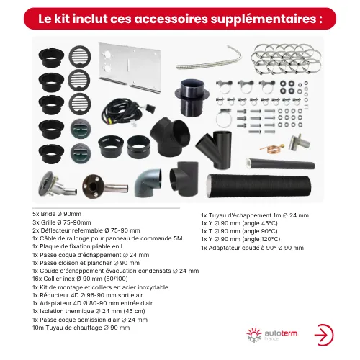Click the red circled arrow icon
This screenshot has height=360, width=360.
pyautogui.click(x=324, y=335)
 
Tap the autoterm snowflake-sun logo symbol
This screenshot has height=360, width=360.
pyautogui.click(x=254, y=334)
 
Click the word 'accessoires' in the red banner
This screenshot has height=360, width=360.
pyautogui.click(x=171, y=19)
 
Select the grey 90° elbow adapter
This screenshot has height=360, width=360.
pyautogui.click(x=148, y=183)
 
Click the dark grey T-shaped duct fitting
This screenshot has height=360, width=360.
pyautogui.click(x=184, y=179)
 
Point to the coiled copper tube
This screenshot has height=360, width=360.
pyautogui.click(x=272, y=147)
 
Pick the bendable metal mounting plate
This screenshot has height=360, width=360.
pyautogui.click(x=130, y=68)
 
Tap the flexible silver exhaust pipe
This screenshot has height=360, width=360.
pyautogui.click(x=210, y=60)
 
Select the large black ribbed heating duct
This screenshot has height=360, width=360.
pyautogui.click(x=258, y=186)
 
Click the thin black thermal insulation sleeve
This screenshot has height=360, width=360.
pyautogui.click(x=280, y=163)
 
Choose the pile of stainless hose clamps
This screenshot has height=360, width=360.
pyautogui.click(x=287, y=59)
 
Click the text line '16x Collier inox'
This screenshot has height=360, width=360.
pyautogui.click(x=80, y=279)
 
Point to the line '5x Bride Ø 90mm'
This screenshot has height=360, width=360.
pyautogui.click(x=57, y=214)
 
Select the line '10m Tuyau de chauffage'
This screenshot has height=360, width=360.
pyautogui.click(x=81, y=328)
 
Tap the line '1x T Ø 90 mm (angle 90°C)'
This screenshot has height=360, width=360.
pyautogui.click(x=239, y=231)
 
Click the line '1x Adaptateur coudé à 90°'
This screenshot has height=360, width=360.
pyautogui.click(x=253, y=248)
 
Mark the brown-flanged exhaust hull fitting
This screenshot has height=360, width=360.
pyautogui.click(x=105, y=186)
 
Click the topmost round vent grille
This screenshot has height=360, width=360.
pyautogui.click(x=80, y=56)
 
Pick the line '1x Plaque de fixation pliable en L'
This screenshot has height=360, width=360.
pyautogui.click(x=78, y=246)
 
